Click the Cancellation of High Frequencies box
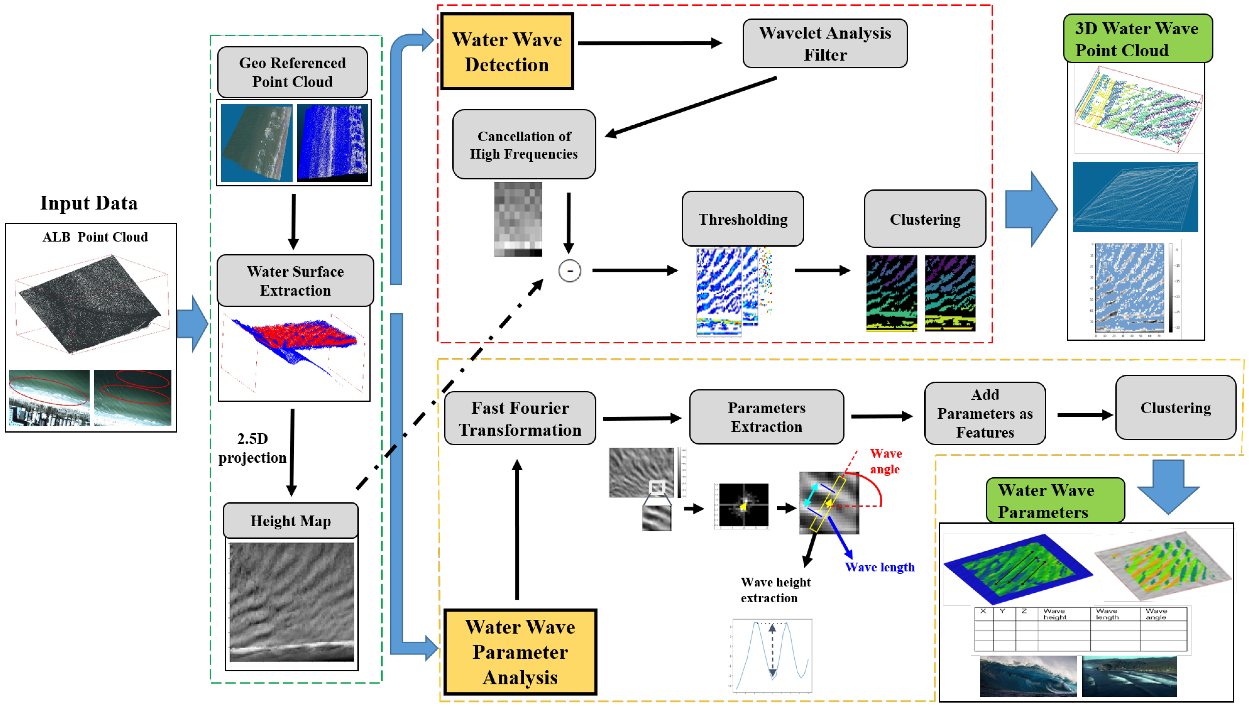tap(524, 145)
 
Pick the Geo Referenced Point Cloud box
tap(292, 72)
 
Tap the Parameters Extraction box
tap(766, 417)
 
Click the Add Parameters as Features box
tap(984, 413)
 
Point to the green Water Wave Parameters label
tap(1055, 500)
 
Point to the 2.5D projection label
tap(252, 448)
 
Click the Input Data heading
tap(88, 203)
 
